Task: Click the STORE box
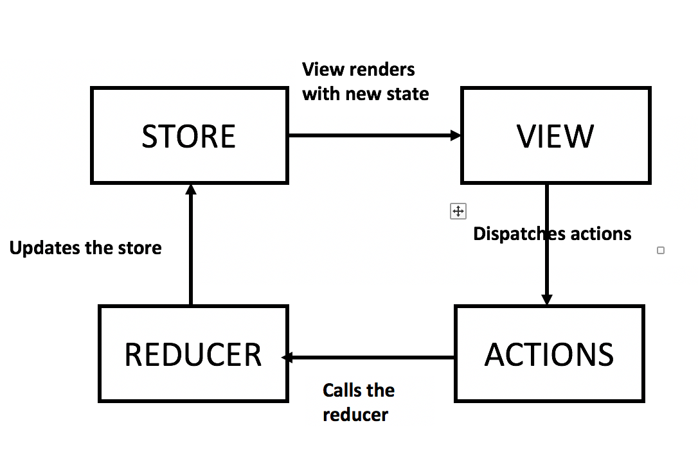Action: pos(189,136)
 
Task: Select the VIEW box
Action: pos(556,135)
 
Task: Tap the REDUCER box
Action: pos(193,354)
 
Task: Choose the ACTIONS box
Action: pos(550,354)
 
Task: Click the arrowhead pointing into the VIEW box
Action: pos(456,135)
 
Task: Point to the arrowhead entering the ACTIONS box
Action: pos(547,299)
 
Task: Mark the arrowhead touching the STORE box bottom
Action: pos(190,189)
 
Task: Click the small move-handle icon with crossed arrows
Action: pos(458,211)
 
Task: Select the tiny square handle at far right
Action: pos(661,250)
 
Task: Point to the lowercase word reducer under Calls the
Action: pos(355,415)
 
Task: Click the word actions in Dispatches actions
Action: pos(601,234)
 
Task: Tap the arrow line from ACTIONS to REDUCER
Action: pos(373,358)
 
